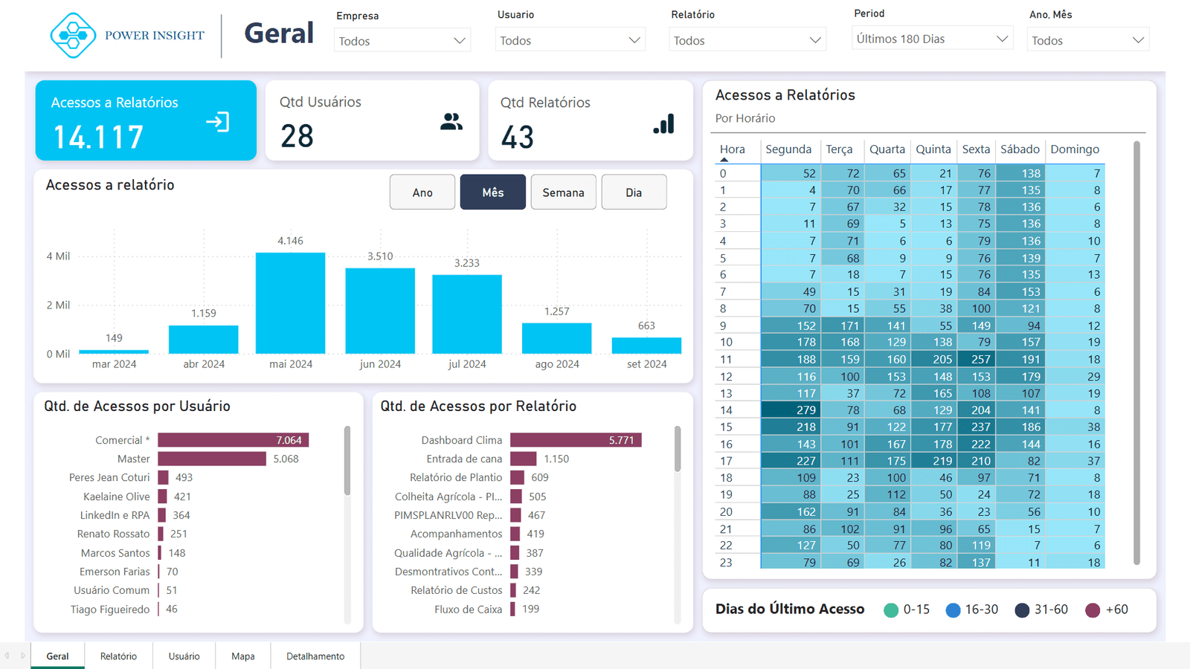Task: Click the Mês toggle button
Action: pyautogui.click(x=492, y=193)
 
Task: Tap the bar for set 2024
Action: pyautogui.click(x=646, y=346)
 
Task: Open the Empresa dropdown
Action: pyautogui.click(x=402, y=41)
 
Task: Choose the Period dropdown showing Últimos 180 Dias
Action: pyautogui.click(x=932, y=39)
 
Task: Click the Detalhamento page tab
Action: pyautogui.click(x=315, y=656)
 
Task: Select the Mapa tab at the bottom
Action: pyautogui.click(x=242, y=656)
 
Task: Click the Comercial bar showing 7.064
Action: pyautogui.click(x=233, y=440)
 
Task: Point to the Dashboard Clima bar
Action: pyautogui.click(x=576, y=440)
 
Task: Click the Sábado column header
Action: pyautogui.click(x=1020, y=149)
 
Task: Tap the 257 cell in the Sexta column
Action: pyautogui.click(x=976, y=359)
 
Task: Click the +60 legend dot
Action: pyautogui.click(x=1093, y=610)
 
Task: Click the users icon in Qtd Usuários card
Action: pyautogui.click(x=451, y=122)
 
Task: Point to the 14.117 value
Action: pyautogui.click(x=98, y=138)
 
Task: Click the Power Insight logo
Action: pyautogui.click(x=73, y=35)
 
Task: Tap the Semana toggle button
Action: pyautogui.click(x=563, y=193)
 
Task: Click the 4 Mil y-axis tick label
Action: pyautogui.click(x=58, y=256)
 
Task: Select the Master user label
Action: pyautogui.click(x=134, y=459)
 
